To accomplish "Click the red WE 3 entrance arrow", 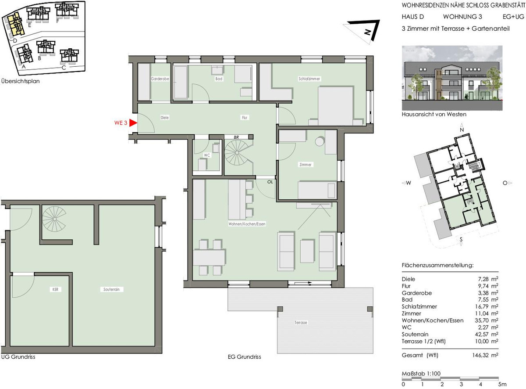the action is coord(133,123).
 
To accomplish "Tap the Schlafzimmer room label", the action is coord(309,79).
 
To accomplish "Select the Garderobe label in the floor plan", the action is coord(160,79).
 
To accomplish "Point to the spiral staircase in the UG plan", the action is coord(54,219).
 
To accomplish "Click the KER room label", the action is coord(55,289).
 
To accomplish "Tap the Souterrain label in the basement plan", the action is coord(111,289).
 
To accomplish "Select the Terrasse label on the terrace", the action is coord(301,322).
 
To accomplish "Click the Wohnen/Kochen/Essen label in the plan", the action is coord(247,224).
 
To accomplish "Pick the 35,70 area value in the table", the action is coord(482,321).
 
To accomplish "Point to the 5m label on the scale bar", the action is coord(502,384).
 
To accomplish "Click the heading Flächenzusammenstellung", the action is coord(437,265).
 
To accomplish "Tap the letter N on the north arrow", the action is coord(367,32).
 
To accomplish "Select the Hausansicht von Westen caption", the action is coord(434,114).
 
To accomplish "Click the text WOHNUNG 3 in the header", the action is coord(462,17).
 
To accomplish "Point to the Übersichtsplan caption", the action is coord(21,81).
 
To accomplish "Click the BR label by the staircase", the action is coord(236,137).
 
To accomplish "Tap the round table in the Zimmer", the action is coord(320,142).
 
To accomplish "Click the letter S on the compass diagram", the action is coord(461,240).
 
